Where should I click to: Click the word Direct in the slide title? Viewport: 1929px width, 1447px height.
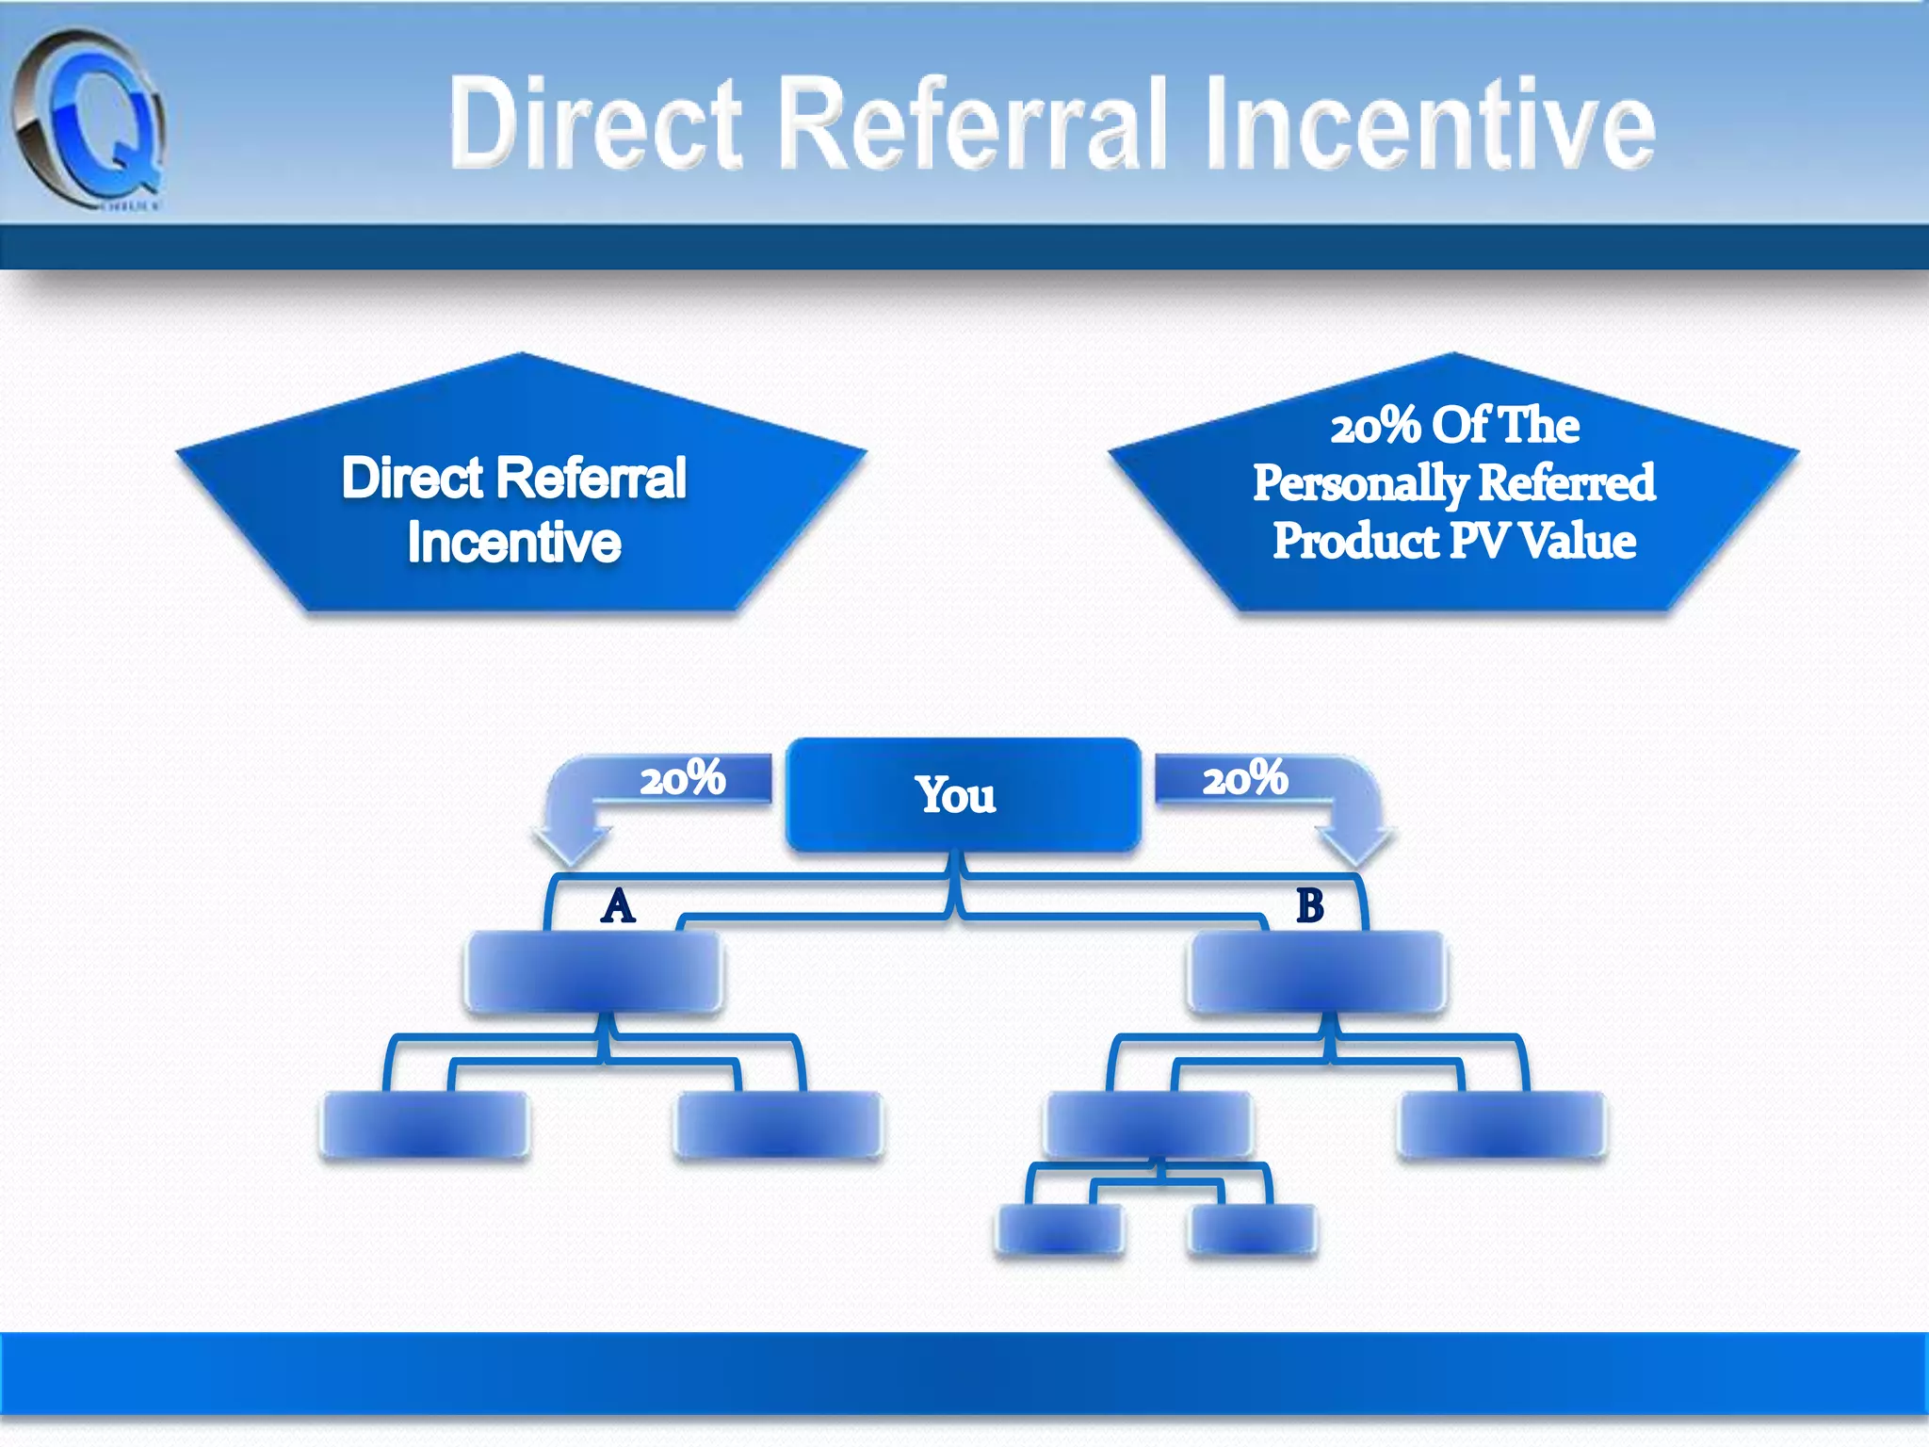[x=595, y=123]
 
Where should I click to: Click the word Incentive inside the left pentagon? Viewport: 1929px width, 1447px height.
[x=514, y=543]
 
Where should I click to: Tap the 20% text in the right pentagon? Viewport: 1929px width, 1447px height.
[x=1374, y=427]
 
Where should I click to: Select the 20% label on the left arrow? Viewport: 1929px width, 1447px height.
[x=683, y=779]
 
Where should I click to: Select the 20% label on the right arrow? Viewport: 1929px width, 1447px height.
[x=1245, y=779]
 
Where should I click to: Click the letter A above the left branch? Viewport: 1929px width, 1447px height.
[x=618, y=906]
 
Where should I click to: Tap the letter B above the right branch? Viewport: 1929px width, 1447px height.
[x=1310, y=906]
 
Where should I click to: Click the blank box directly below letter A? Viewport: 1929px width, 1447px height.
[x=593, y=971]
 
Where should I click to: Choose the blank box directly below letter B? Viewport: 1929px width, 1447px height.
[x=1317, y=971]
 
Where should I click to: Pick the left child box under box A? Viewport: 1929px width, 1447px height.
[x=425, y=1124]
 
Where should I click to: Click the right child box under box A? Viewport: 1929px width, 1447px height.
[x=779, y=1124]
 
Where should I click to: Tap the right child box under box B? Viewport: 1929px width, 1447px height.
[x=1502, y=1124]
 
